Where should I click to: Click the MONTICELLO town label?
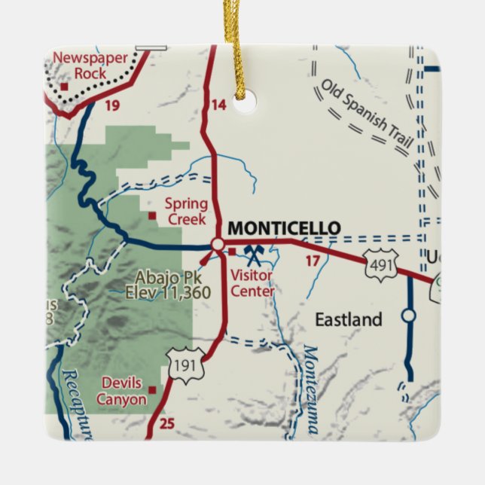point(283,228)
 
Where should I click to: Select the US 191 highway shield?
point(186,365)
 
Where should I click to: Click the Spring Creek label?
point(186,211)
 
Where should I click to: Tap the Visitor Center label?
point(252,283)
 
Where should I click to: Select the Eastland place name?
point(348,320)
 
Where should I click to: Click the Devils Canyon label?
point(121,392)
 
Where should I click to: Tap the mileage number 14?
point(218,105)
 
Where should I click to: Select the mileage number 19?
point(112,105)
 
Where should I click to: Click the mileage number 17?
point(312,261)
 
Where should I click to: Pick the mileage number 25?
point(167,425)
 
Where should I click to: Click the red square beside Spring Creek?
point(152,215)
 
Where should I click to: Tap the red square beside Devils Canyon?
point(154,389)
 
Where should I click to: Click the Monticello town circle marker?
point(218,244)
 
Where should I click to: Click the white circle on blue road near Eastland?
point(408,316)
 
